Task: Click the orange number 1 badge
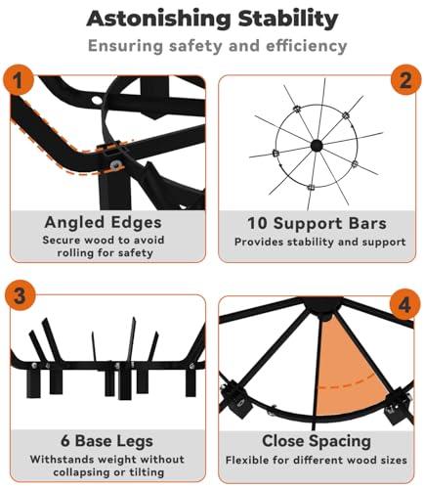click(x=19, y=80)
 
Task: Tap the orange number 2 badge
click(x=405, y=80)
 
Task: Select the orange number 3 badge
click(x=20, y=295)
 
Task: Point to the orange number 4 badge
click(x=404, y=305)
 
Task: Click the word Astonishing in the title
click(x=158, y=20)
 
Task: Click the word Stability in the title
click(x=288, y=20)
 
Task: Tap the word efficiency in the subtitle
click(x=307, y=46)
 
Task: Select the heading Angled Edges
click(x=103, y=223)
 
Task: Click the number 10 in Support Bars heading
click(x=257, y=224)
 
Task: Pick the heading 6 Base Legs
click(x=106, y=441)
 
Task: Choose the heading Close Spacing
click(x=317, y=441)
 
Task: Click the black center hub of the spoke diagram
click(x=317, y=146)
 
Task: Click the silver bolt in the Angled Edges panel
click(x=115, y=164)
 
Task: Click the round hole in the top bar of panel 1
click(x=97, y=100)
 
